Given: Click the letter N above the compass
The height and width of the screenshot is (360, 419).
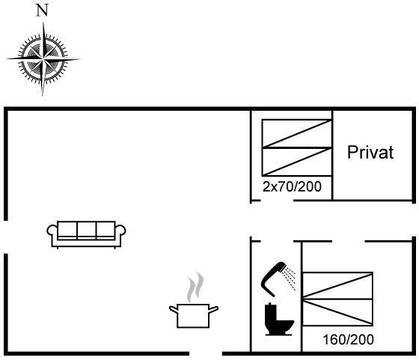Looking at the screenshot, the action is pyautogui.click(x=42, y=11).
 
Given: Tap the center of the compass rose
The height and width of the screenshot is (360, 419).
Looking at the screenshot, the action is pyautogui.click(x=43, y=58).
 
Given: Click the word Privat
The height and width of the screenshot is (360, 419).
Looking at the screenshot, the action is pyautogui.click(x=370, y=153).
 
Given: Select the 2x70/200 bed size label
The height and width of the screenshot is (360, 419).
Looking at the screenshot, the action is pyautogui.click(x=292, y=186).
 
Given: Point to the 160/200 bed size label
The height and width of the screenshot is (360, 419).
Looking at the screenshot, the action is pyautogui.click(x=348, y=340).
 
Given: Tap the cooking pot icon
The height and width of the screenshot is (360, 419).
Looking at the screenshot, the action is pyautogui.click(x=194, y=316).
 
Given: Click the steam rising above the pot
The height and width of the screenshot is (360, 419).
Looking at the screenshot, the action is pyautogui.click(x=195, y=287).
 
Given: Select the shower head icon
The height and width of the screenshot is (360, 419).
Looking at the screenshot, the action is pyautogui.click(x=278, y=278).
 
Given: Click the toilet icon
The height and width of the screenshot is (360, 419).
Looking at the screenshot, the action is pyautogui.click(x=278, y=319).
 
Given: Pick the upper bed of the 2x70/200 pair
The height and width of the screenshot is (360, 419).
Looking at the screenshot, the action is pyautogui.click(x=297, y=133).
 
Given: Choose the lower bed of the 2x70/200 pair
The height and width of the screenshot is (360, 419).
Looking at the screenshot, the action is pyautogui.click(x=297, y=162).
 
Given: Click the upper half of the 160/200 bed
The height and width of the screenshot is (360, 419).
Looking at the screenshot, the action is pyautogui.click(x=337, y=285).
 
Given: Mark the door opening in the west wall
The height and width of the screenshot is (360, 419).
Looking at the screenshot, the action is pyautogui.click(x=6, y=237).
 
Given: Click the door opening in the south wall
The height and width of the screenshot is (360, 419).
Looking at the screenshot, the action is pyautogui.click(x=206, y=353).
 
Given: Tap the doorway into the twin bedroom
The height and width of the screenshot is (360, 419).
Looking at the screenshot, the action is pyautogui.click(x=277, y=201).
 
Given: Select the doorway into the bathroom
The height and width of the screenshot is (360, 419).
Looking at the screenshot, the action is pyautogui.click(x=277, y=241).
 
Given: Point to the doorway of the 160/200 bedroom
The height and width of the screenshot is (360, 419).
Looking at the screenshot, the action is pyautogui.click(x=349, y=241).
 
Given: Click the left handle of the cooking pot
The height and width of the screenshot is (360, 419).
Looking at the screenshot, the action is pyautogui.click(x=173, y=310).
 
